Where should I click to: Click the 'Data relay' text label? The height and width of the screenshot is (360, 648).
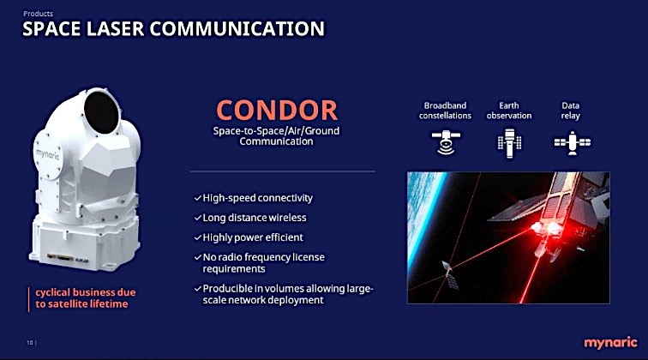click(570, 111)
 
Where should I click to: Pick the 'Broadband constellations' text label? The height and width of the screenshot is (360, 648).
click(445, 111)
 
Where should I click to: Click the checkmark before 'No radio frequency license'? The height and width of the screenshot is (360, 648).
click(198, 256)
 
